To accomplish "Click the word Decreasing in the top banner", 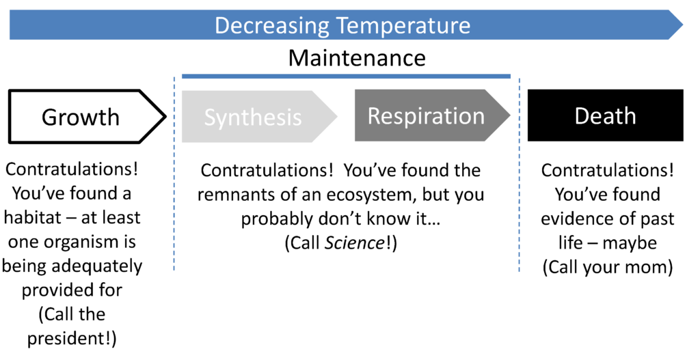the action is click(x=272, y=25).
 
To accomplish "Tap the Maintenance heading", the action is click(x=357, y=58).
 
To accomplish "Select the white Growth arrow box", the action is click(x=87, y=116).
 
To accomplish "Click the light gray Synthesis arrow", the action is click(x=259, y=116).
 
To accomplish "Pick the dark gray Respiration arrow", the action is click(x=432, y=115).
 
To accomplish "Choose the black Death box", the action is click(x=606, y=115).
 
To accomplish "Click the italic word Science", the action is click(x=354, y=243).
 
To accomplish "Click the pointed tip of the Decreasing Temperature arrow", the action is click(x=683, y=25).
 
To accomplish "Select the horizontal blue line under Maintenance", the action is click(x=346, y=77).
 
